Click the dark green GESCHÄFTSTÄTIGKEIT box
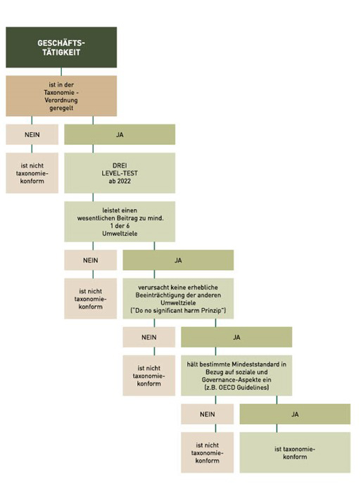(x=61, y=48)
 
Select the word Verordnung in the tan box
(x=61, y=100)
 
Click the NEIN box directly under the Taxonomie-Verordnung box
(x=32, y=134)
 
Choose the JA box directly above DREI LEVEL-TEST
(x=119, y=134)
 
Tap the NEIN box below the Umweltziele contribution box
(x=90, y=260)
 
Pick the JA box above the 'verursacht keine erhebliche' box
(x=177, y=260)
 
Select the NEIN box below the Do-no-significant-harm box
(x=148, y=337)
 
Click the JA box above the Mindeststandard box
(x=236, y=337)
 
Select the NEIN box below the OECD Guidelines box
(x=207, y=414)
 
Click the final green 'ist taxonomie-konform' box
(x=294, y=452)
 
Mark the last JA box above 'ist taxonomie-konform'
(x=294, y=414)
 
